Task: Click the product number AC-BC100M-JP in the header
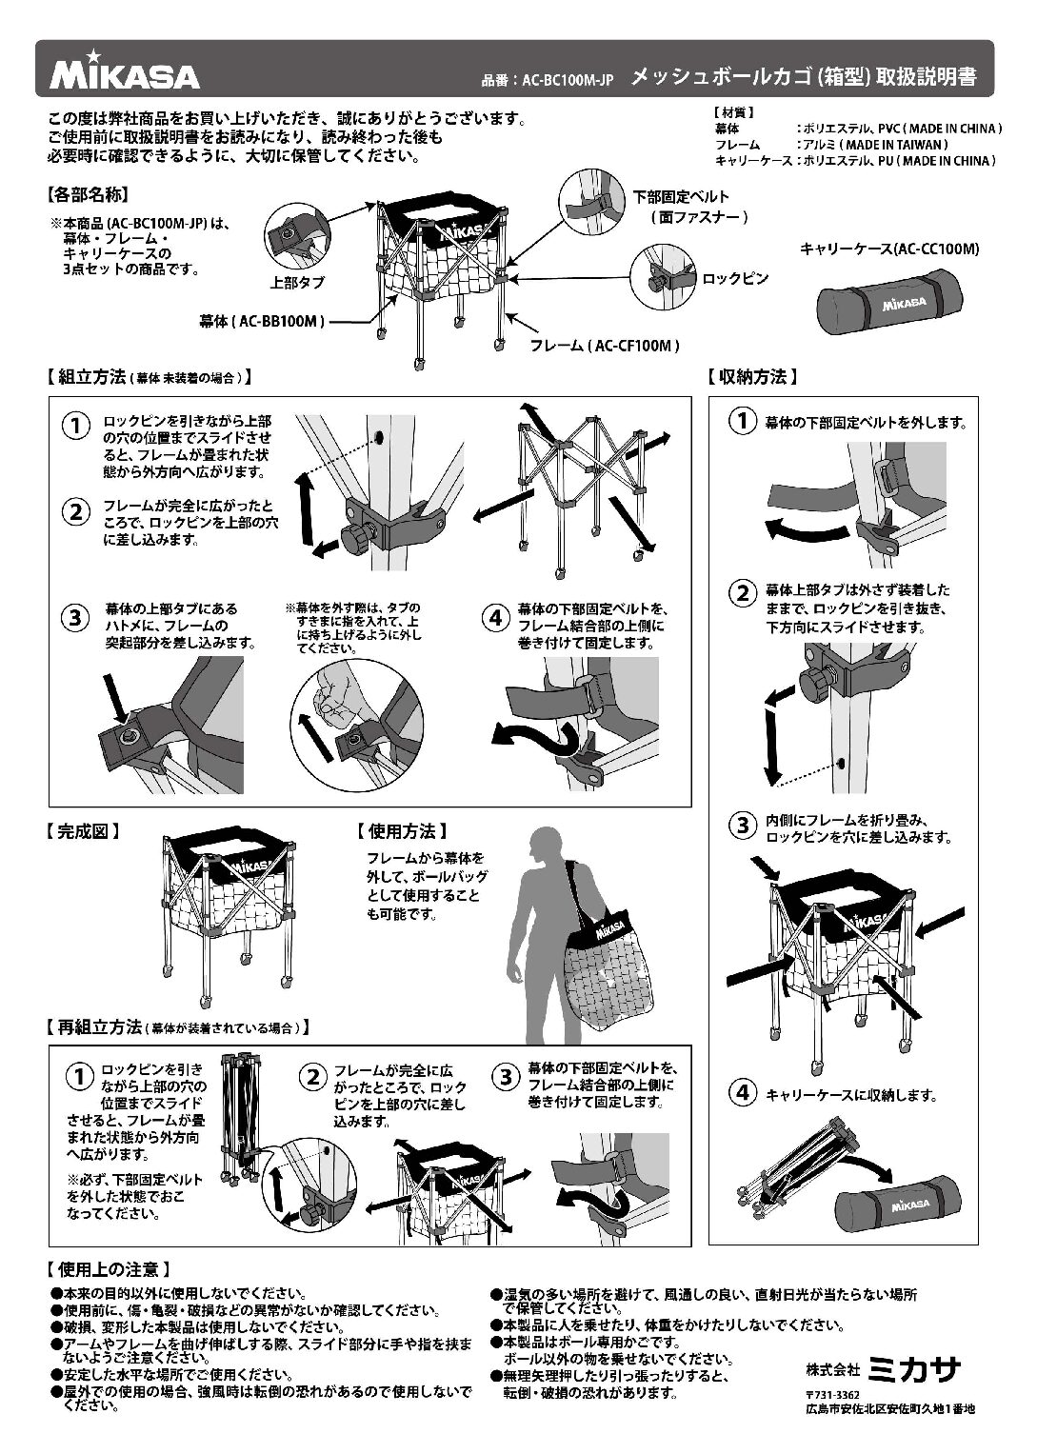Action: pyautogui.click(x=548, y=82)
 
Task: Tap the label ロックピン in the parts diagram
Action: pyautogui.click(x=735, y=279)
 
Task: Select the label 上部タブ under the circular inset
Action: pyautogui.click(x=297, y=283)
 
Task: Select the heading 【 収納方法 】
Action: pyautogui.click(x=752, y=377)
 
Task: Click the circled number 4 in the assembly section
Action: pyautogui.click(x=495, y=617)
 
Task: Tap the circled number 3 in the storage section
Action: pyautogui.click(x=742, y=826)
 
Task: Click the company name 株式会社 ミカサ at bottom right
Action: pyautogui.click(x=883, y=1369)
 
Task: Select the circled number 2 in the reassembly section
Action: pyautogui.click(x=312, y=1078)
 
